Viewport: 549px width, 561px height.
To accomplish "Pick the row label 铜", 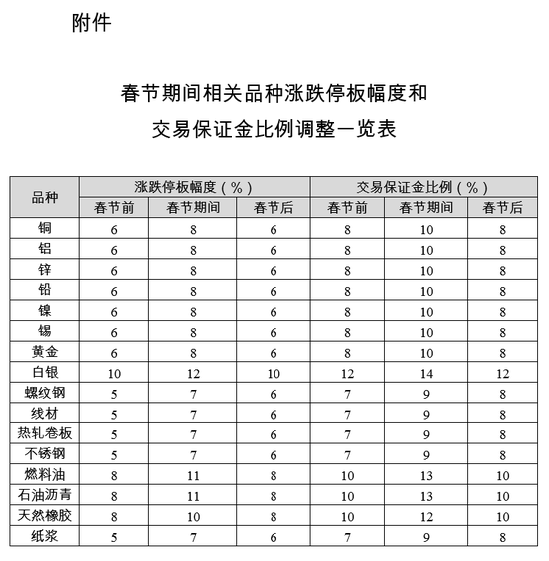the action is tap(45, 228).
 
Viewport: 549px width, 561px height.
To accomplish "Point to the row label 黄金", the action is tap(45, 352).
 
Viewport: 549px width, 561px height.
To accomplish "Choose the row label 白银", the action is tap(45, 373).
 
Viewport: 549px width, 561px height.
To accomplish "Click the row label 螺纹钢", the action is tap(45, 393).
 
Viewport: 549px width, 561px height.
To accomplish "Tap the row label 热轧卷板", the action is tap(45, 433).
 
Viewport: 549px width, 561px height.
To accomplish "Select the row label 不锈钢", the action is tap(45, 454).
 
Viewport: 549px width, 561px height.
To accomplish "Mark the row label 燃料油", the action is tap(45, 474).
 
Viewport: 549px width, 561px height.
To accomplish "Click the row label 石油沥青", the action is tap(45, 495).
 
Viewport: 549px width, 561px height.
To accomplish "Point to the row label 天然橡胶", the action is tap(45, 516).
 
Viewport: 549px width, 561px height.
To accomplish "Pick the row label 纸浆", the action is tap(45, 536).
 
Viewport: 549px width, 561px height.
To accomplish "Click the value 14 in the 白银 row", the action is tap(427, 373).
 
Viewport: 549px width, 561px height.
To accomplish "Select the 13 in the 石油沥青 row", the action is tap(427, 495).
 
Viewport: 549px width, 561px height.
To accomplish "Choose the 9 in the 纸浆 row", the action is tap(427, 536).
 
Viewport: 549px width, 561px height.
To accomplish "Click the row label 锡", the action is tap(45, 331).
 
